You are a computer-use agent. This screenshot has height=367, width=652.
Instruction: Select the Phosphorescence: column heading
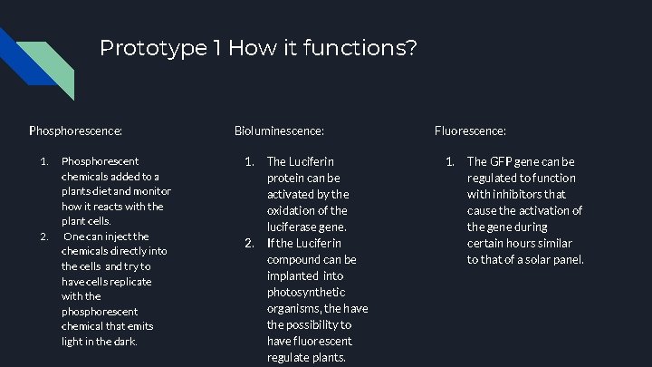76,131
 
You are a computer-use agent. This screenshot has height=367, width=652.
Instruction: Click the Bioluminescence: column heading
280,131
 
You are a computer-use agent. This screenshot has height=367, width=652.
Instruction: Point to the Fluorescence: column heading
470,131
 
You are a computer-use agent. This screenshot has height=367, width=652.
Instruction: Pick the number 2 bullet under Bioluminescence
250,243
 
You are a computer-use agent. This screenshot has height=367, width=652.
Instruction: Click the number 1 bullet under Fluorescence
449,161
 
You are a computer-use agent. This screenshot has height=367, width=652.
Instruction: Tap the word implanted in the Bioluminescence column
292,275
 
